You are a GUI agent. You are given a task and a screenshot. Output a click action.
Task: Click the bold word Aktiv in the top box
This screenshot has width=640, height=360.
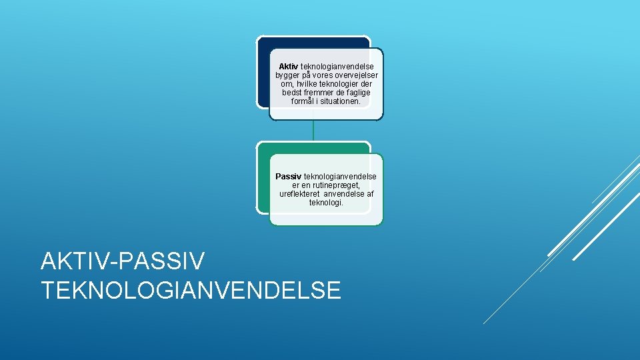[289, 67]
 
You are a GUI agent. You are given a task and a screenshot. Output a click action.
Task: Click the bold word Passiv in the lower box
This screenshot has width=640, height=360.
[289, 177]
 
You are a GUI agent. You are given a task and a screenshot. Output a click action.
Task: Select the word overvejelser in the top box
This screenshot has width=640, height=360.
[354, 76]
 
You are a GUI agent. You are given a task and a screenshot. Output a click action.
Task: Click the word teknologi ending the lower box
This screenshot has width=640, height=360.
[326, 203]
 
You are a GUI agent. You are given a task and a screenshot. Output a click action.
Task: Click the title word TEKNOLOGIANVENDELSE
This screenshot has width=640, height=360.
[191, 290]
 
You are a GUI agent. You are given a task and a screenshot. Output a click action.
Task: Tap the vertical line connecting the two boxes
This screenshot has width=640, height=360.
[313, 131]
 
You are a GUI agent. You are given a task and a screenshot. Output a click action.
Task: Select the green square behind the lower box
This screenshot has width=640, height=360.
[263, 180]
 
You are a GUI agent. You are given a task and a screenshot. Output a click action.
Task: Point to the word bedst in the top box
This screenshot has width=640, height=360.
[293, 93]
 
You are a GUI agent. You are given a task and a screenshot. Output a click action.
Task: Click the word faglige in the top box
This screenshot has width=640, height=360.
[357, 93]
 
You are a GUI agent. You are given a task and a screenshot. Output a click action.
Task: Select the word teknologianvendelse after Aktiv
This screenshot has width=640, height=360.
[338, 67]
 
